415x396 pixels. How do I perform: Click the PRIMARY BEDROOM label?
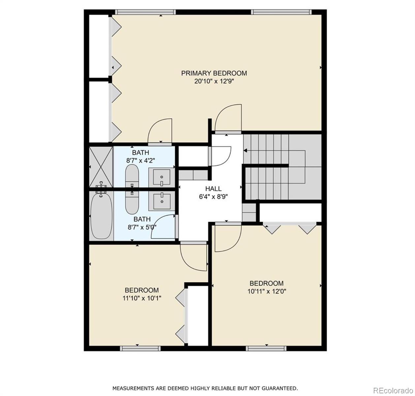[214, 73]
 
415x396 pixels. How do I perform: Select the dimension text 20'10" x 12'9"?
[214, 82]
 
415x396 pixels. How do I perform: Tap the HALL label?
[213, 189]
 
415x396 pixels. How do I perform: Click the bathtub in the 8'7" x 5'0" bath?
[102, 216]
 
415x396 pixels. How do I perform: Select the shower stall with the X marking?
[101, 167]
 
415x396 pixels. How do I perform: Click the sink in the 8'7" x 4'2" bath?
[161, 177]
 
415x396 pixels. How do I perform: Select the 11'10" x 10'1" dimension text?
[142, 298]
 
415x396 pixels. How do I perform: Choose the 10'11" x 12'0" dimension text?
[267, 291]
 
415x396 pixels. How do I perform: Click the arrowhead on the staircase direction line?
[245, 151]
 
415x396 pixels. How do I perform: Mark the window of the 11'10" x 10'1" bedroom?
[140, 348]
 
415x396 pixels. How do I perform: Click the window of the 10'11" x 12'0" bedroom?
[266, 348]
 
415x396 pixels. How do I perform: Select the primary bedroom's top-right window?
[281, 12]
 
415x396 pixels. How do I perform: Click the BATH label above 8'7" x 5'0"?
[142, 219]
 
